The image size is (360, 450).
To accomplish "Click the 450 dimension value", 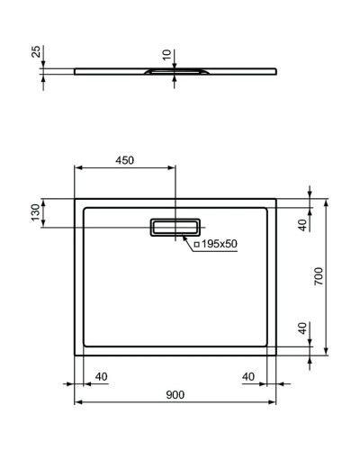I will (x=124, y=160).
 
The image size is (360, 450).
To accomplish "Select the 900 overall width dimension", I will (x=175, y=394).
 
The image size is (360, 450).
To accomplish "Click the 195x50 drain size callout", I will (x=216, y=244).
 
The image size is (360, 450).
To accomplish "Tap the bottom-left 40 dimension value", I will (x=101, y=376).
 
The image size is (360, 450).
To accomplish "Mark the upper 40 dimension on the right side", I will (x=303, y=222).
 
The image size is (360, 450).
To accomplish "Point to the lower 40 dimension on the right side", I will (x=303, y=328).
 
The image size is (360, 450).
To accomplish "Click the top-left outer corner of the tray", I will (x=74, y=199).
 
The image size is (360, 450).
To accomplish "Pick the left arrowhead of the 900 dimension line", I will (x=76, y=400).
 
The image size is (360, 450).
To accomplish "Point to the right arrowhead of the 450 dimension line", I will (x=173, y=168).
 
